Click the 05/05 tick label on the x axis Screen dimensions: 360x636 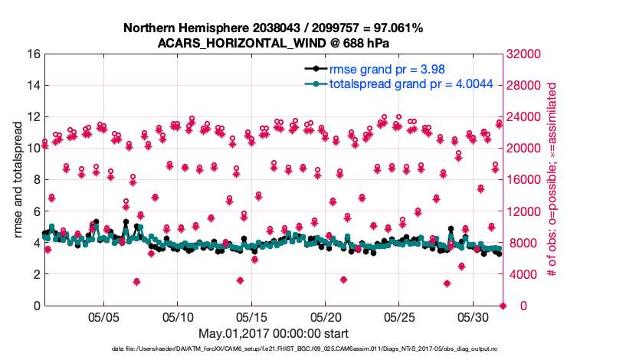click(104, 317)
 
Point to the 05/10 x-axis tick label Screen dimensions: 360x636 click(178, 317)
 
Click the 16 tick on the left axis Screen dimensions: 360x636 click(33, 54)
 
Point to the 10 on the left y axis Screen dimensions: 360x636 click(33, 149)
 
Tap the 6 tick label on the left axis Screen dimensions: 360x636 click(36, 211)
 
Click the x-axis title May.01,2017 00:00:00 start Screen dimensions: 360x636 click(274, 333)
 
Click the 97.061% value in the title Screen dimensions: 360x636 click(393, 28)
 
